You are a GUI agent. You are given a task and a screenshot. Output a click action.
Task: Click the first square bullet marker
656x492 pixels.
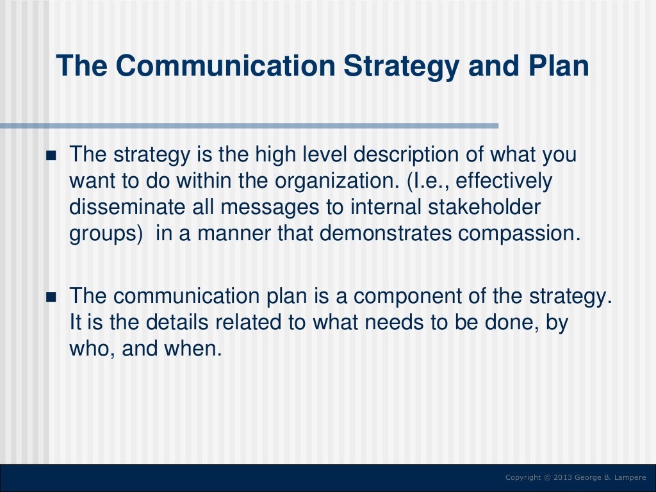pos(53,156)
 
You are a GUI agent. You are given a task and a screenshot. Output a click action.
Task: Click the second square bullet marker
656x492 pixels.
pos(53,298)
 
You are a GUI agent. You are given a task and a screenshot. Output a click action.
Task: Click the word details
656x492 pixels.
pos(177,323)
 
